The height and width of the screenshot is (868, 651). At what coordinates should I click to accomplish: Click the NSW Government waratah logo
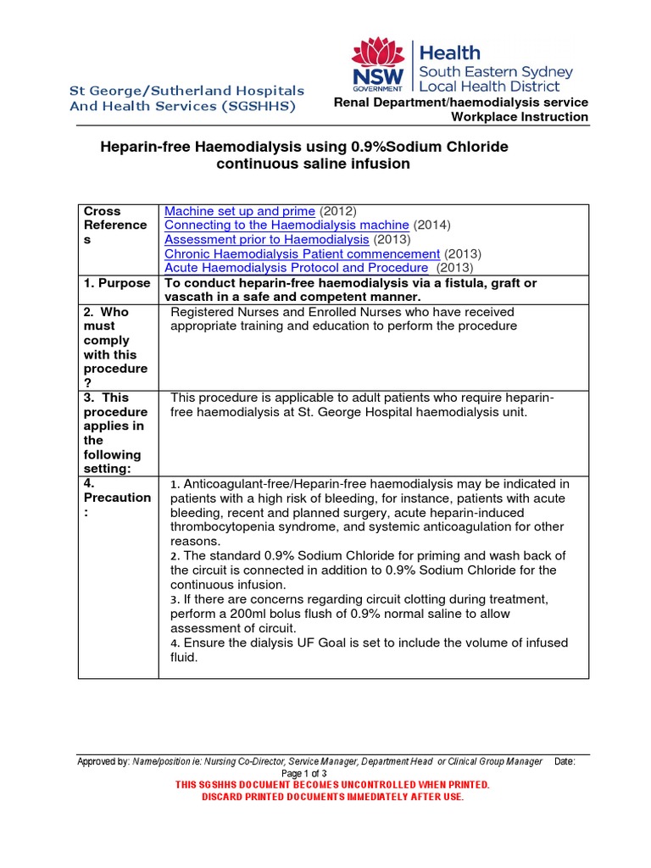point(378,65)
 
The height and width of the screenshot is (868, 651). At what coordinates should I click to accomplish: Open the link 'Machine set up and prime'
point(240,210)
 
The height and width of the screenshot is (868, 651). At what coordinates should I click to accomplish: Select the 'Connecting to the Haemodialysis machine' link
point(287,225)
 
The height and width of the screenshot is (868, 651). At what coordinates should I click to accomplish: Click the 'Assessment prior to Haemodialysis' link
point(261,239)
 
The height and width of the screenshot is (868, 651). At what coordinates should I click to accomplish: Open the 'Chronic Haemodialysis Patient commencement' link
point(302,253)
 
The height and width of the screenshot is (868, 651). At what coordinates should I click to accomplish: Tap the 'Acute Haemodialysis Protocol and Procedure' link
point(296,268)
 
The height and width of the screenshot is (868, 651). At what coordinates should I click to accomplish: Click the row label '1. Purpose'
point(117,283)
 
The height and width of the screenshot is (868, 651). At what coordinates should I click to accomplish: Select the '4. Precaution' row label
point(117,498)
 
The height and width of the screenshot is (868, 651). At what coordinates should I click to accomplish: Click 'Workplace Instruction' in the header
point(519,117)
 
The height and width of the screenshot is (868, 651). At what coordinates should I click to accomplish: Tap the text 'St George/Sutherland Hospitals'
point(186,91)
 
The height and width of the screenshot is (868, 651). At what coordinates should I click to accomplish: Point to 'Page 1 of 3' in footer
point(303,773)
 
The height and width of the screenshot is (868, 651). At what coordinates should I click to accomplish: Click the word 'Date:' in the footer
point(565,761)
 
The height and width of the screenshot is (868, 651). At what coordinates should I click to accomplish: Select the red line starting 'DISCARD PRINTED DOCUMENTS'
point(332,797)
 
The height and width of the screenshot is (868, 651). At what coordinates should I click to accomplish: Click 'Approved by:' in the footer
point(103,761)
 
